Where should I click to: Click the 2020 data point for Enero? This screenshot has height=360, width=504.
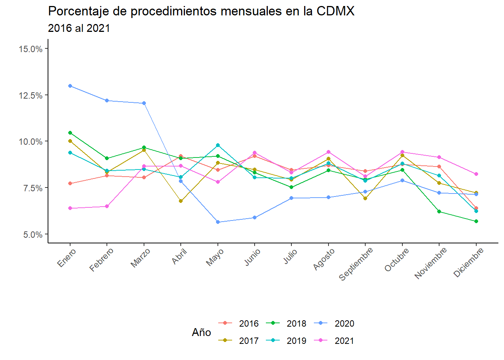70,86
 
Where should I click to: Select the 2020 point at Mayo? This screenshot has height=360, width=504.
218,222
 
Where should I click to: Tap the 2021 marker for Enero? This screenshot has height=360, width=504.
70,208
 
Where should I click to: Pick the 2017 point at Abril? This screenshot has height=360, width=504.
181,201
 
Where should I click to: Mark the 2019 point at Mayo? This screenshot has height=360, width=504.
218,145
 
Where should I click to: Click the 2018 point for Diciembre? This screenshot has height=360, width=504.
476,221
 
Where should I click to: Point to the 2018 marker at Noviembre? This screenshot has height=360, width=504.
439,211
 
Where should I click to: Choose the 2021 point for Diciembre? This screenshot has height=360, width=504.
476,174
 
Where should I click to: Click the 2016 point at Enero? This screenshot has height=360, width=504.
70,183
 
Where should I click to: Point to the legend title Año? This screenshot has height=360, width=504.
201,333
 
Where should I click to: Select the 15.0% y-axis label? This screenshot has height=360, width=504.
31,49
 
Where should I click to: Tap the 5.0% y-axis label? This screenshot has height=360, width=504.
33,235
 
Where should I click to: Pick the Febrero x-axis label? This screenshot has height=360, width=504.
102,260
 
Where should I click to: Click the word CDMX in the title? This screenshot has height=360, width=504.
335,11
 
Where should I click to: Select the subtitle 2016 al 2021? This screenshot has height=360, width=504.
79,28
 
